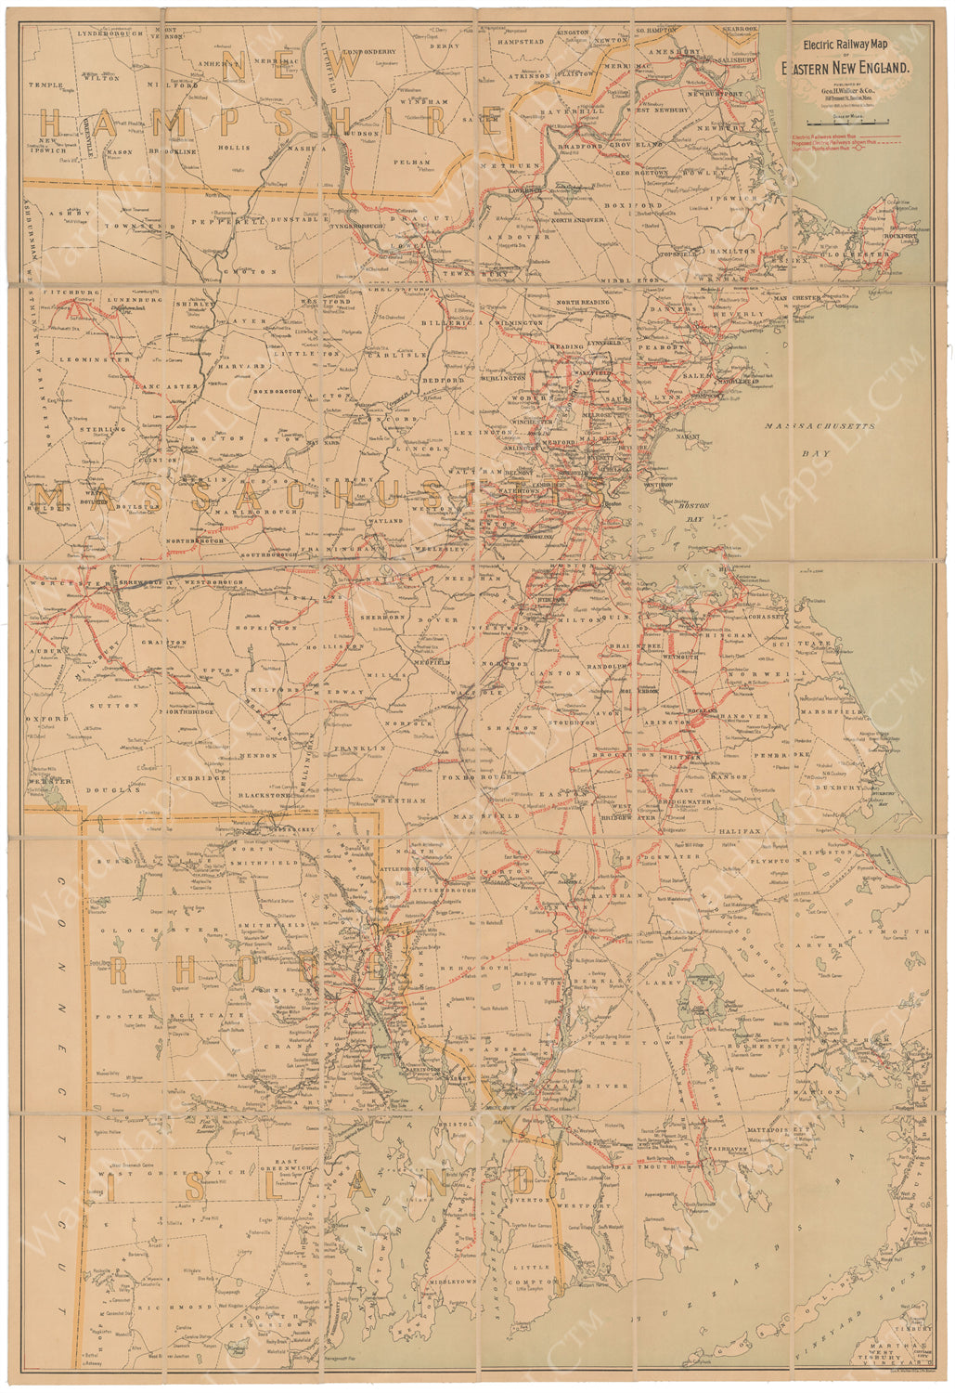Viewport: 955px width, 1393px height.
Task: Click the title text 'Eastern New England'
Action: [x=847, y=68]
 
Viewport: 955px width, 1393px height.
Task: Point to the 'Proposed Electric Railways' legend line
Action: [x=832, y=144]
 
